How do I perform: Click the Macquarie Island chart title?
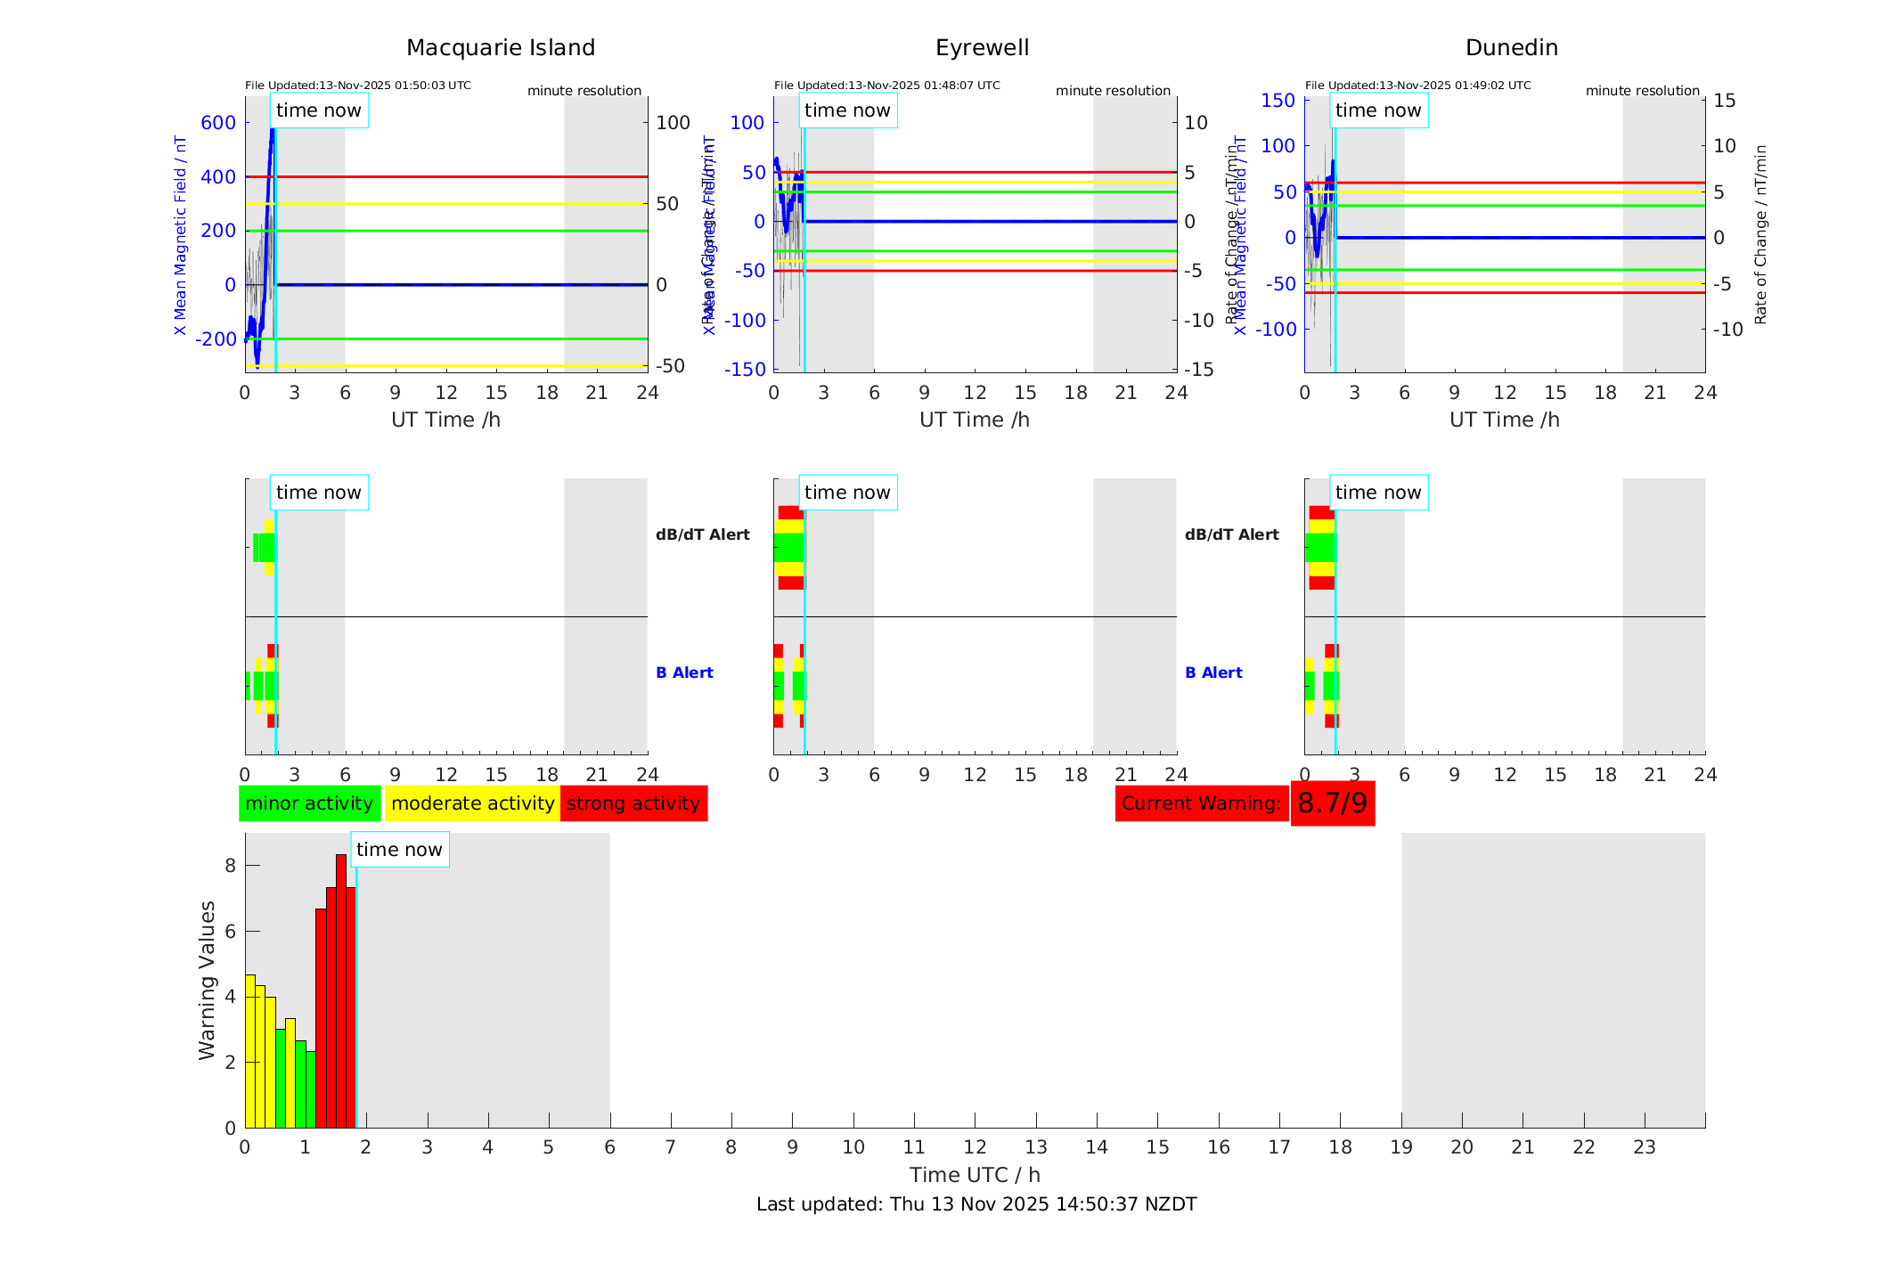tap(500, 48)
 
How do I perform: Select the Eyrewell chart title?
tap(982, 48)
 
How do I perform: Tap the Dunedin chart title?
tap(1511, 48)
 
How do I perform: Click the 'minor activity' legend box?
tap(309, 803)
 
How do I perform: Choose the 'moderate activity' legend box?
tap(472, 803)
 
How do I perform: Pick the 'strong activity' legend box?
tap(633, 803)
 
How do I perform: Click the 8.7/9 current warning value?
tap(1332, 803)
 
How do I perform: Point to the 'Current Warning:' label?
tap(1201, 803)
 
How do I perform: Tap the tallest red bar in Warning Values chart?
tap(341, 989)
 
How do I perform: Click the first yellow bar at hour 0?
tap(250, 1051)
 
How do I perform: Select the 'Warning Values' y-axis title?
tap(208, 980)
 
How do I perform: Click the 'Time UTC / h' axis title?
tap(975, 1175)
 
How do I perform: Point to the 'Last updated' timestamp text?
tap(976, 1204)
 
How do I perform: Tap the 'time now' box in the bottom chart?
tap(399, 850)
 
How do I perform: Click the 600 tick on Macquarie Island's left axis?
tap(218, 123)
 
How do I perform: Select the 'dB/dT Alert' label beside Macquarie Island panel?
tap(702, 534)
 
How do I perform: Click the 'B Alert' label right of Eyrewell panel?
tap(1213, 673)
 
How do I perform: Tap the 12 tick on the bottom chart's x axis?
tap(976, 1147)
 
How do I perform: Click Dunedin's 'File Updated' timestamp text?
tap(1417, 86)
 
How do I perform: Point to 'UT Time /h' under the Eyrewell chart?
tap(975, 420)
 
